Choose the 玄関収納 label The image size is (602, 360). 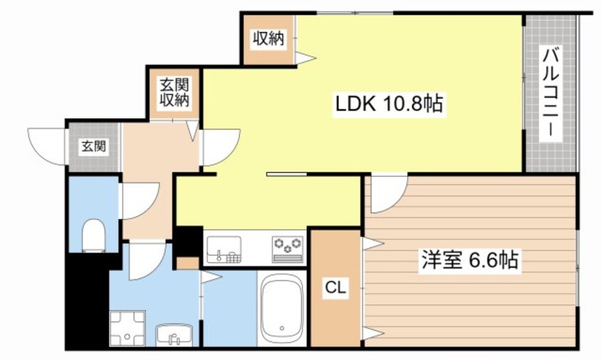click(174, 93)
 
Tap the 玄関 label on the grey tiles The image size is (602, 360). click(93, 147)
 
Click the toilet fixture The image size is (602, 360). click(93, 234)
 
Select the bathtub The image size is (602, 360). click(282, 310)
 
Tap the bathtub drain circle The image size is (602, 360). click(282, 329)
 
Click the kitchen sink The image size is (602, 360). click(223, 248)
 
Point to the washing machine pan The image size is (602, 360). click(127, 329)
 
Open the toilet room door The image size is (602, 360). click(138, 201)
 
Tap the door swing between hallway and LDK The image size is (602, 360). click(220, 146)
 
